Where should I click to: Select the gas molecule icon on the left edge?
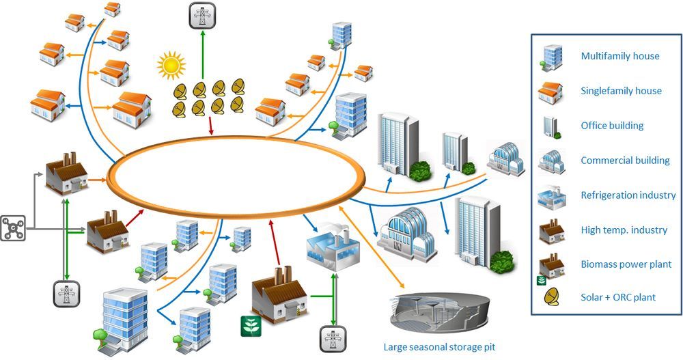pyautogui.click(x=14, y=228)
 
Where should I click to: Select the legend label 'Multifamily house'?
pyautogui.click(x=619, y=55)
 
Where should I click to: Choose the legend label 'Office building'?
pyautogui.click(x=612, y=126)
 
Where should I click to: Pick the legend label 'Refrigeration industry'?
pyautogui.click(x=628, y=195)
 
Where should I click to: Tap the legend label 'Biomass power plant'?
pyautogui.click(x=626, y=264)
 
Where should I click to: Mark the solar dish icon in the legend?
pyautogui.click(x=550, y=296)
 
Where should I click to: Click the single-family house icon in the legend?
pyautogui.click(x=550, y=91)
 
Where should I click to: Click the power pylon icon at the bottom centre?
pyautogui.click(x=332, y=340)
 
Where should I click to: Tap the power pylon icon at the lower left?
pyautogui.click(x=67, y=293)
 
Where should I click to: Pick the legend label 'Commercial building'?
pyautogui.click(x=625, y=161)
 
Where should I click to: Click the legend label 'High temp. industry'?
pyautogui.click(x=624, y=230)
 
